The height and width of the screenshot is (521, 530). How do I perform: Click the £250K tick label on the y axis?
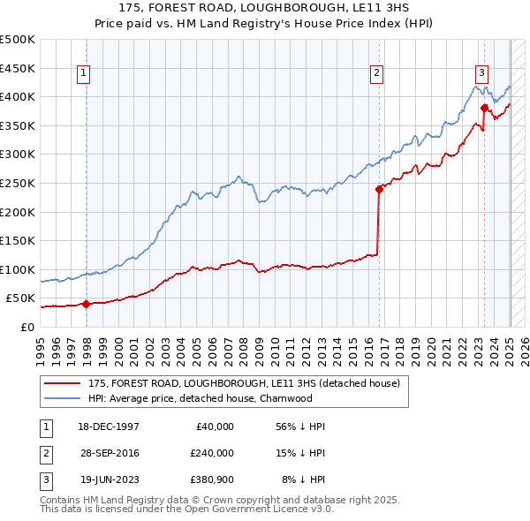coord(18,183)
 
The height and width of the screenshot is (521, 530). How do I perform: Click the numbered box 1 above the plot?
coord(85,73)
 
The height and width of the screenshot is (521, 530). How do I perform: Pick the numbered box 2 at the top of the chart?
coord(377,73)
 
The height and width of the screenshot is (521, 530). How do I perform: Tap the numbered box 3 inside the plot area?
coord(482,73)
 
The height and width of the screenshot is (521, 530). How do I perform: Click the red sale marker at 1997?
coord(86,305)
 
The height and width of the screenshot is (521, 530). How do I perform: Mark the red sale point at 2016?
coord(379,188)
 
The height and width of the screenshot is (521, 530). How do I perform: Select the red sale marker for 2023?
coord(484,108)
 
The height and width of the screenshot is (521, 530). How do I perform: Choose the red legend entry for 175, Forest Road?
coord(244,383)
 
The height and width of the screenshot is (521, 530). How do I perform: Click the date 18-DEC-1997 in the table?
coord(109,427)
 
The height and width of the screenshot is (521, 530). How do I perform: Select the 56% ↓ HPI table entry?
coord(301,427)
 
